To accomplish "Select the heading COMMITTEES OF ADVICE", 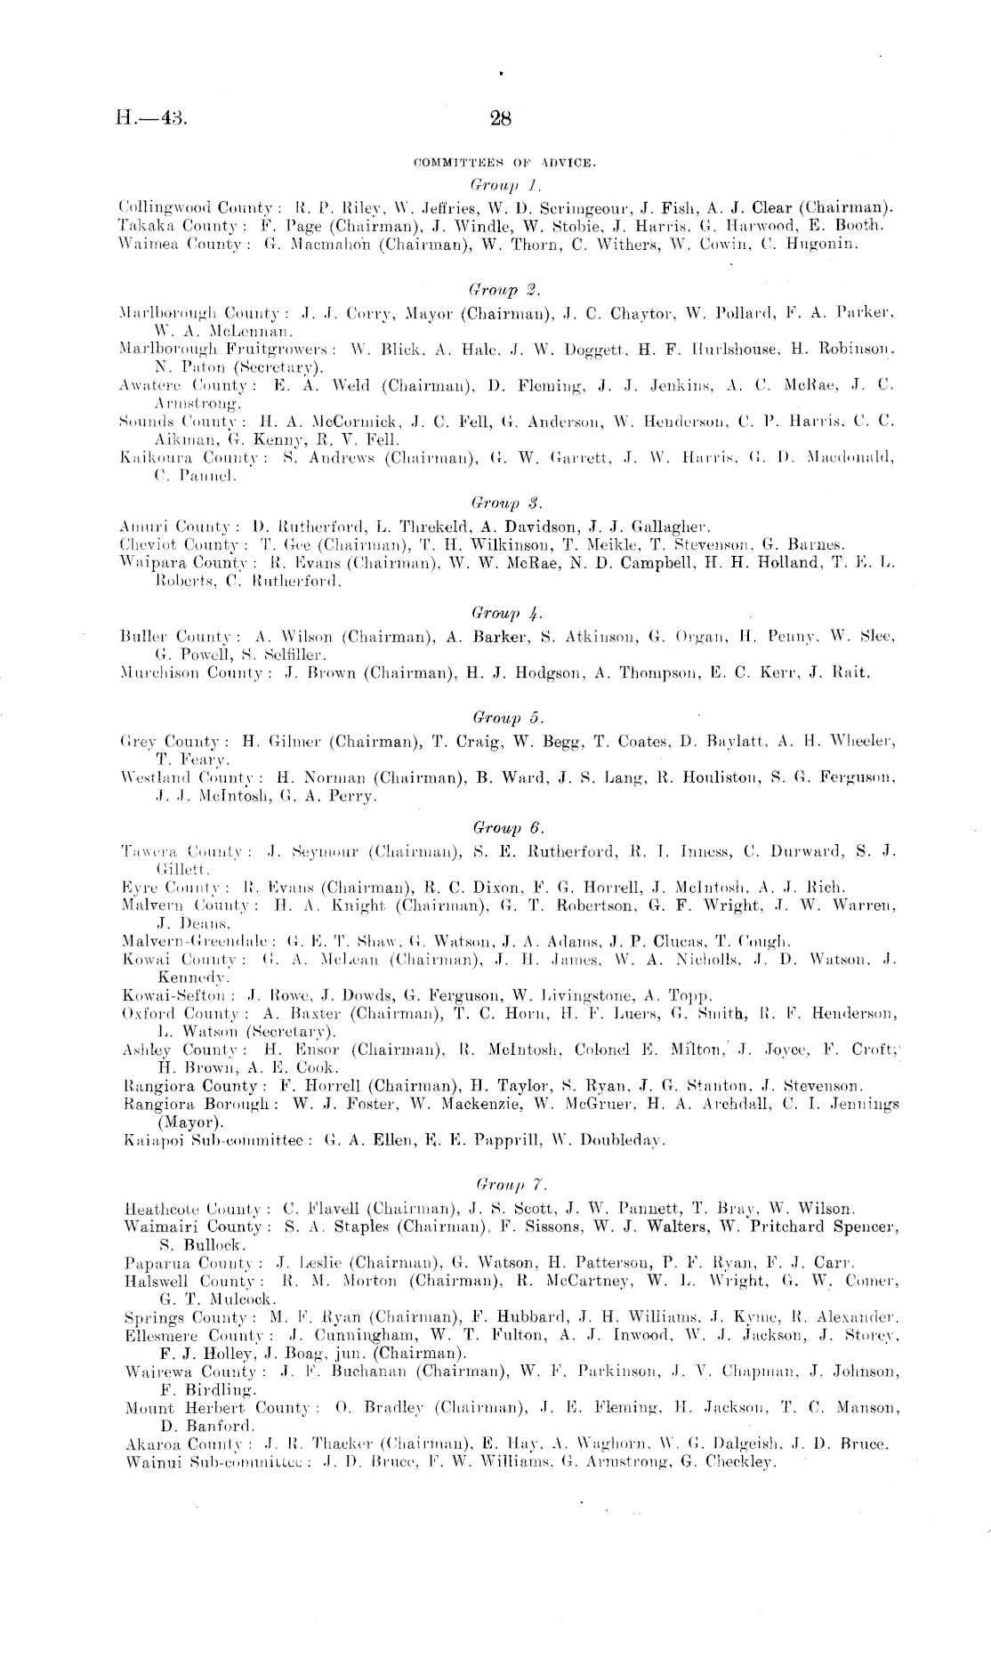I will pyautogui.click(x=504, y=164).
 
